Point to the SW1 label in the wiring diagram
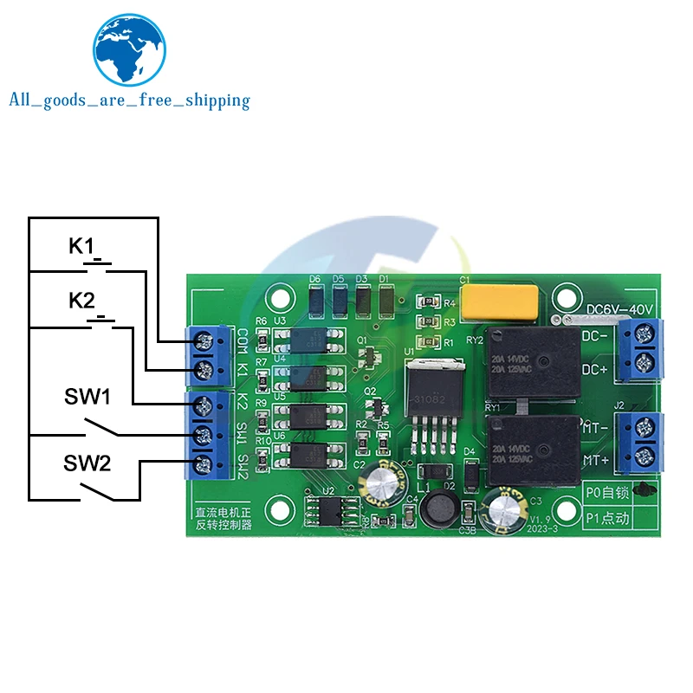pos(87,398)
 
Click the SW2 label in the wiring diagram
pos(87,463)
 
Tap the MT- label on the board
pos(594,427)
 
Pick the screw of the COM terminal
pos(206,339)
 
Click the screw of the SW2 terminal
pos(204,462)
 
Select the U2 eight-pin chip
pos(330,511)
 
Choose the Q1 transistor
pos(372,355)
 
